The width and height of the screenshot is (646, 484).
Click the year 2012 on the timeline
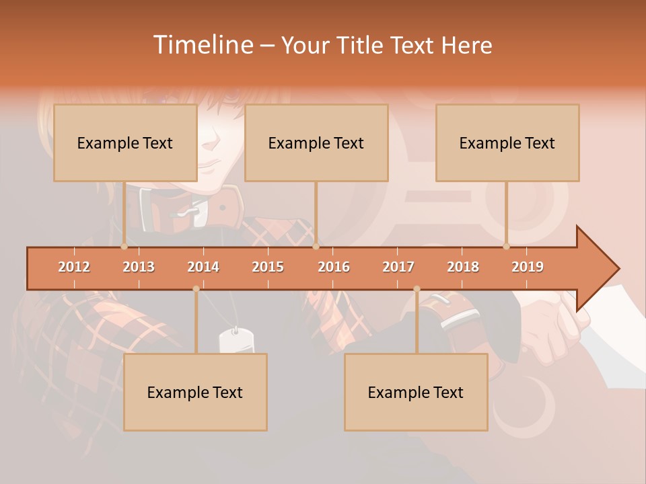74,267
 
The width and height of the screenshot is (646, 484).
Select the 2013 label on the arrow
139,267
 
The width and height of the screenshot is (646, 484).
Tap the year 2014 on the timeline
203,267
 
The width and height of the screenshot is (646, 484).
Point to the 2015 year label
268,267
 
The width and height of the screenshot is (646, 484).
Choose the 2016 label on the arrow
334,267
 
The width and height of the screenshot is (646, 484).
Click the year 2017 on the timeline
398,267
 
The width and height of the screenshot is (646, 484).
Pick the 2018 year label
463,267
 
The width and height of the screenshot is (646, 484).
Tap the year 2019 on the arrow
528,267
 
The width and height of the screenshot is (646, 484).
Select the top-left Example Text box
125,143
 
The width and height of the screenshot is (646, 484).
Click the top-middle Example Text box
316,143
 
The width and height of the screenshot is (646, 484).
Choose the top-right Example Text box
507,143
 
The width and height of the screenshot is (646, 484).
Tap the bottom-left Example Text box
195,393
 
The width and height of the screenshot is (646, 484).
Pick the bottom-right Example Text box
416,393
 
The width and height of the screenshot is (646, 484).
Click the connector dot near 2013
124,246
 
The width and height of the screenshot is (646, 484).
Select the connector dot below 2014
196,289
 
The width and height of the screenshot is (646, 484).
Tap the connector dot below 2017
417,289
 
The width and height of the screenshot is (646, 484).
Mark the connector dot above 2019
507,246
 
